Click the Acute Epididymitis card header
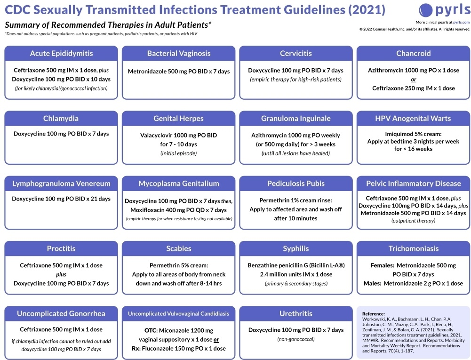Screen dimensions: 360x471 (61, 53)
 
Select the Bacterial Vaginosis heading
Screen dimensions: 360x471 (179, 53)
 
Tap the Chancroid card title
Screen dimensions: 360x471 (413, 53)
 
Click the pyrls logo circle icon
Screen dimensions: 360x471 (425, 9)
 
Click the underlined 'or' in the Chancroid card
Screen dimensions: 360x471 (414, 79)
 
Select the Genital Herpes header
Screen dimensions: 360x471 (179, 119)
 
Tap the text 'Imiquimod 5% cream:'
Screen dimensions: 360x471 (414, 133)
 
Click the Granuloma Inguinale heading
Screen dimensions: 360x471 (296, 119)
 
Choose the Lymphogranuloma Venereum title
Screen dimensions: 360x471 (61, 184)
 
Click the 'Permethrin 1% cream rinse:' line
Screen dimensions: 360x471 (295, 200)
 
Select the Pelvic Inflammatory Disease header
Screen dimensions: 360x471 (414, 184)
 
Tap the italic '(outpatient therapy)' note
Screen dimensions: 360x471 (414, 221)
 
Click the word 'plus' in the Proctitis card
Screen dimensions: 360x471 (61, 274)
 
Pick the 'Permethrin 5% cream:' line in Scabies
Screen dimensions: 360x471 (179, 265)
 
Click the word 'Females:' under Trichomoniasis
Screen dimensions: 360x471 (383, 265)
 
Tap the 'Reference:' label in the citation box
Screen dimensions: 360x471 (374, 313)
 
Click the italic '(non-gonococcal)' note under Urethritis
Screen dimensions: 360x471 (296, 339)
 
